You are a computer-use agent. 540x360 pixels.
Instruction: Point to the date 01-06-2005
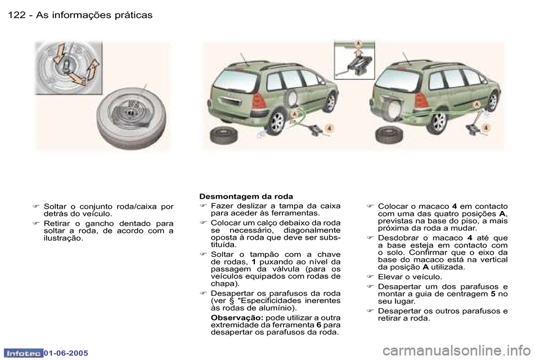pos(62,353)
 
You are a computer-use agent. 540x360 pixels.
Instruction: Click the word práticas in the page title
pos(130,15)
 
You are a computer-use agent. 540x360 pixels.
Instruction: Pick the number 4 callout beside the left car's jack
pos(329,128)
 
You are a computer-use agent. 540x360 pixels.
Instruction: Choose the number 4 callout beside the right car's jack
pos(485,128)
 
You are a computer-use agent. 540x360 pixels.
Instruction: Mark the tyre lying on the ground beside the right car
pos(388,136)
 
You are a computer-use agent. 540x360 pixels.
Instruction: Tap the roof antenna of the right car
pos(408,59)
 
